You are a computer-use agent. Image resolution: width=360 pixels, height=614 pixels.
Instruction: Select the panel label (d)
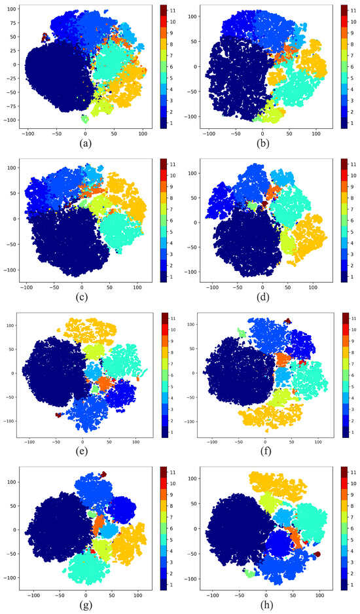pos(265,294)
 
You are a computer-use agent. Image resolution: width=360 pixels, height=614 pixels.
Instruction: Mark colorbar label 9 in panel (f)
pos(353,340)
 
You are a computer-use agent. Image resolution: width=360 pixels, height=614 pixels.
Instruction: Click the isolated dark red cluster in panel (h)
pos(317,554)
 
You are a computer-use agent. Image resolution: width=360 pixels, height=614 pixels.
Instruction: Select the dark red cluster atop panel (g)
pos(103,474)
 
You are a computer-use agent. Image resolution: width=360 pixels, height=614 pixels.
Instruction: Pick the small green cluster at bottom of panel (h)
pos(249,573)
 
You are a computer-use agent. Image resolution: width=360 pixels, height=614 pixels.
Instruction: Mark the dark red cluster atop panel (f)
pos(287,321)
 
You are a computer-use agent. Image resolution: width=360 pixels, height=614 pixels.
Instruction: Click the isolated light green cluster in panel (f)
pos(242,334)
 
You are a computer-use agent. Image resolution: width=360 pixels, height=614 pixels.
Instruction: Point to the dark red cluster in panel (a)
pos(45,37)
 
